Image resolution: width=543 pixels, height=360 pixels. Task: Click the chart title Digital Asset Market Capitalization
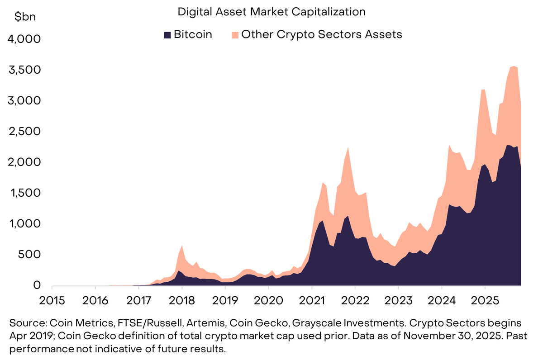(271, 12)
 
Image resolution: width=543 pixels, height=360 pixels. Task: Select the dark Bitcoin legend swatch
(167, 35)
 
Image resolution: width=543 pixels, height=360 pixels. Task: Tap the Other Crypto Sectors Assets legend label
(321, 34)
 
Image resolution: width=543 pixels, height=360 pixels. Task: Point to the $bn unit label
(25, 17)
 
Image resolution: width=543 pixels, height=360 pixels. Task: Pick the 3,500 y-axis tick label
(24, 70)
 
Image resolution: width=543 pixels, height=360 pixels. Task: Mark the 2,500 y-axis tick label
(24, 132)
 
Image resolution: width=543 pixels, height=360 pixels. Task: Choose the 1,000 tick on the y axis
(24, 224)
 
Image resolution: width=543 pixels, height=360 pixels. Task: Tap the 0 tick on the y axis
(37, 285)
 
